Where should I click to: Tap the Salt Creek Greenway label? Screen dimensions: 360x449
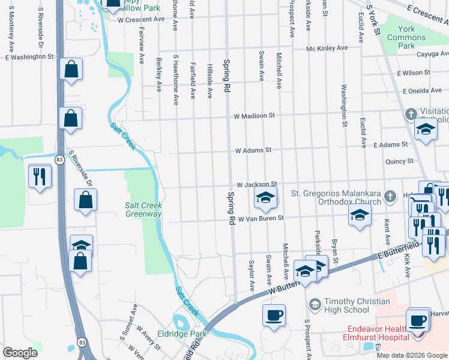tap(143, 209)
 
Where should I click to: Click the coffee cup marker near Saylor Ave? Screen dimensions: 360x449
tap(274, 316)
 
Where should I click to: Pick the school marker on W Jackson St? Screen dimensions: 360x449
tap(265, 197)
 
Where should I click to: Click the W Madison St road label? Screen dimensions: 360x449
tap(254, 115)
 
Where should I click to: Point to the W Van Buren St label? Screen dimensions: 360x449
tap(260, 220)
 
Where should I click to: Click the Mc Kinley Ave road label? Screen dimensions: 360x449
tap(327, 48)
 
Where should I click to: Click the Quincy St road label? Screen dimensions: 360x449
tap(400, 161)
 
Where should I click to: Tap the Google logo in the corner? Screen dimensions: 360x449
tap(20, 353)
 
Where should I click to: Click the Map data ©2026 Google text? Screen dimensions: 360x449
tap(412, 355)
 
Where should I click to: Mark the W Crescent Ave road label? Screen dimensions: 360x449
tap(141, 19)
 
